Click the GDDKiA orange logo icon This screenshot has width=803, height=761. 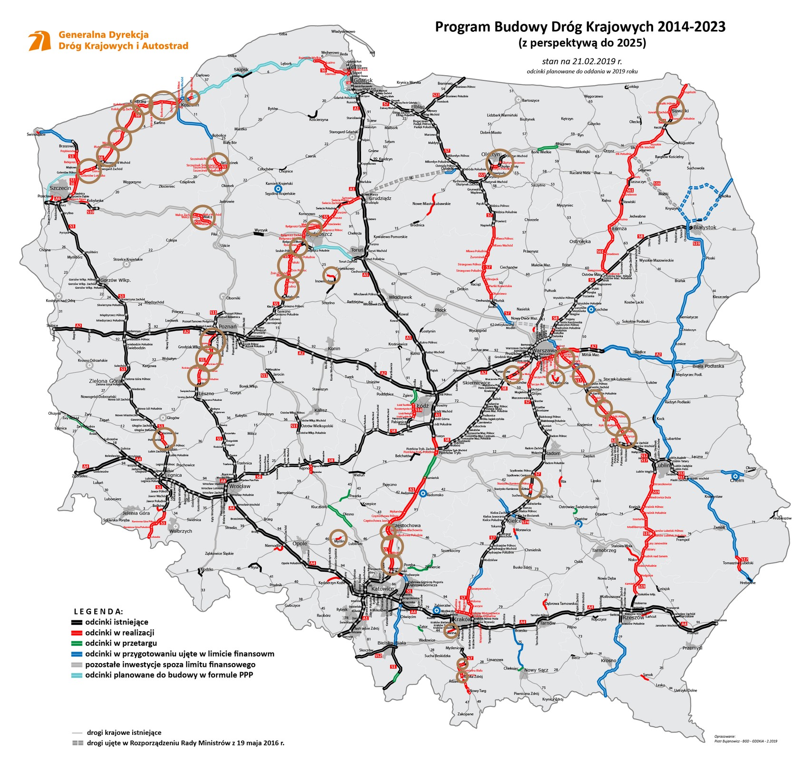click(x=39, y=41)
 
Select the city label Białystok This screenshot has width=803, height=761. click(x=704, y=227)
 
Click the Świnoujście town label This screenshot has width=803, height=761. click(x=37, y=135)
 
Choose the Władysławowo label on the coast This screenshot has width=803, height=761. click(x=343, y=31)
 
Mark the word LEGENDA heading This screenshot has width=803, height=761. click(x=98, y=611)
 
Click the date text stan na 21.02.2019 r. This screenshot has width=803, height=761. click(x=582, y=61)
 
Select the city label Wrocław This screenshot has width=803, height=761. click(x=239, y=486)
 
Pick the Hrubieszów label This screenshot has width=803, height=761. click(x=782, y=518)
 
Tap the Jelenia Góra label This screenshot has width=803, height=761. click(x=136, y=513)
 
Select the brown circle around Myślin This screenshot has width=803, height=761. click(x=339, y=538)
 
